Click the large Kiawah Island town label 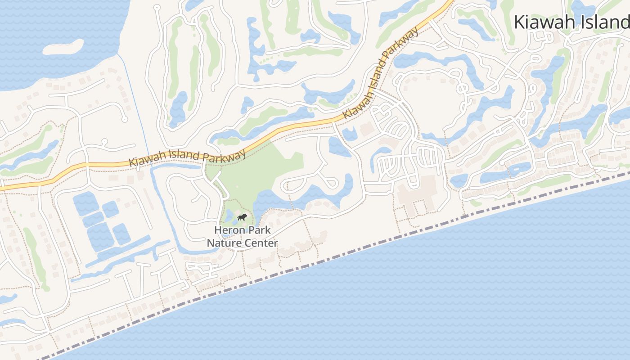[x=571, y=22]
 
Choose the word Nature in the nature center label [x=222, y=243]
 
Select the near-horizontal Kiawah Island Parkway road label [x=187, y=157]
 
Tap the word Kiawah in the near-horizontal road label [x=144, y=161]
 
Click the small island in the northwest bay [x=63, y=47]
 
